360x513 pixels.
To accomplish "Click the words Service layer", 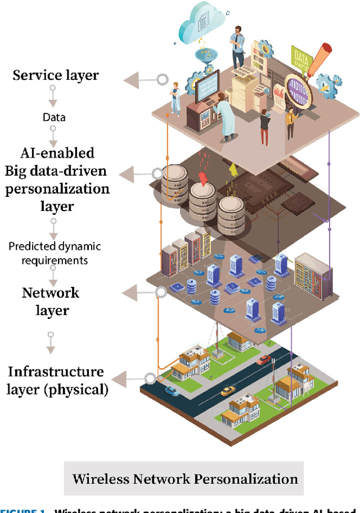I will (x=55, y=75).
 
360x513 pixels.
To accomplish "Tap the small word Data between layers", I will (x=54, y=117).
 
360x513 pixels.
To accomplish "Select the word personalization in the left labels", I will (x=57, y=188).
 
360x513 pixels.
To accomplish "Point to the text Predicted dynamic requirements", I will (x=55, y=253).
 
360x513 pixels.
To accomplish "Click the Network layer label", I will (x=51, y=301).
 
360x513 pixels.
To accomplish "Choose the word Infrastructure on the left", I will (x=55, y=372).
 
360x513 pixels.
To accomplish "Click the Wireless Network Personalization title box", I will (x=184, y=479).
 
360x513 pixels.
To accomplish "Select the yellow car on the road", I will (x=227, y=390).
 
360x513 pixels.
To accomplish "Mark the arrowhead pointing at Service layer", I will (x=133, y=79).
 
